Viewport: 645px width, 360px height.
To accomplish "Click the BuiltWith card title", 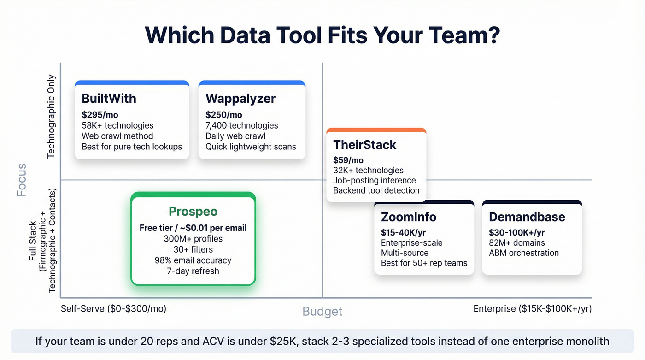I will tap(109, 98).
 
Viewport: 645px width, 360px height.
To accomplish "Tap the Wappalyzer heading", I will tap(240, 98).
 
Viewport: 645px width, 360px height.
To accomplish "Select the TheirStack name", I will tap(364, 145).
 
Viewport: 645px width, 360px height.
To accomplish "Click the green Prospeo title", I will tap(193, 212).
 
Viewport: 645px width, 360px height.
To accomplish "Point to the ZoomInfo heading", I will tap(409, 217).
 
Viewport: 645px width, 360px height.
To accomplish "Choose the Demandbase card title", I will tap(527, 217).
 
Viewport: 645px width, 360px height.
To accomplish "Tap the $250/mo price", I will tap(224, 115).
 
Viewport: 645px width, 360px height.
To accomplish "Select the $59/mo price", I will tap(348, 160).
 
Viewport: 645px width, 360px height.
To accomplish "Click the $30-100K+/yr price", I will tap(517, 233).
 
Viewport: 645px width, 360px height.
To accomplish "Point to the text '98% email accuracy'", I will tap(193, 260).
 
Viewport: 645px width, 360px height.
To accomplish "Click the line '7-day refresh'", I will tap(193, 271).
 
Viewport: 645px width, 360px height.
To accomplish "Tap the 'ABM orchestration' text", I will tap(524, 253).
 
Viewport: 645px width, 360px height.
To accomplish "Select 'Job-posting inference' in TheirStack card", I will tap(375, 181).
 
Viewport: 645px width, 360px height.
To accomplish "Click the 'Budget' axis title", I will tap(322, 312).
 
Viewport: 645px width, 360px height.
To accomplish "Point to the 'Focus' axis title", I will tap(21, 180).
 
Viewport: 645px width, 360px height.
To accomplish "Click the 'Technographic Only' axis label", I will tap(51, 117).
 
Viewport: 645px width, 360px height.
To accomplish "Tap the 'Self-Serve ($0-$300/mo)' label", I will tap(113, 309).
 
